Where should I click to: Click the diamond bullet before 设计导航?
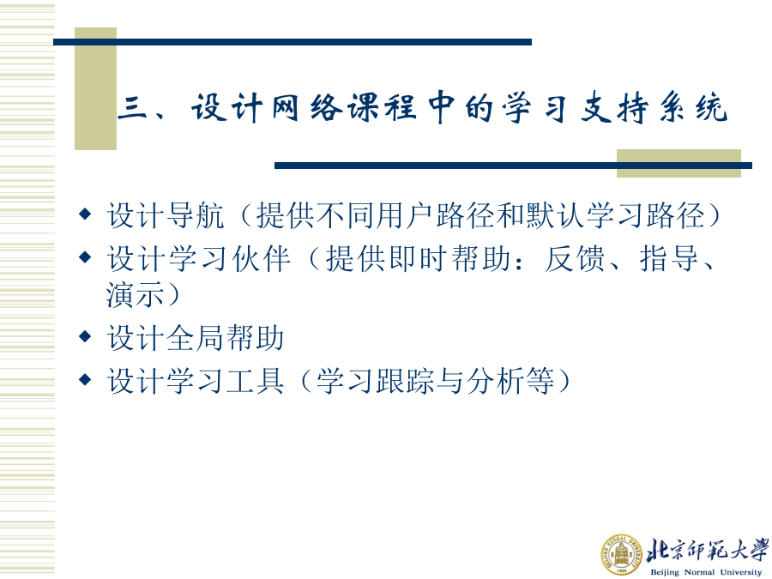point(85,214)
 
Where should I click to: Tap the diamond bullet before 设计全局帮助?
point(85,337)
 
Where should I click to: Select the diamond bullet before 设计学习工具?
point(85,379)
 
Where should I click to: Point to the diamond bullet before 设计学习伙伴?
point(85,256)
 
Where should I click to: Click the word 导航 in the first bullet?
point(196,215)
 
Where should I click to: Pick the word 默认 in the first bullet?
point(555,215)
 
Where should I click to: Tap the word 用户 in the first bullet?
point(405,215)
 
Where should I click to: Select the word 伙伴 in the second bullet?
point(261,258)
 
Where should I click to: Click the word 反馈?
point(575,258)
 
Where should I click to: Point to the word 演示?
point(136,294)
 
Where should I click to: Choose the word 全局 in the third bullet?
point(196,338)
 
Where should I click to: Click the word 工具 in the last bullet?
point(255,381)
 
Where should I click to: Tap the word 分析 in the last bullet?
point(495,381)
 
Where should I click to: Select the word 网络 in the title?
point(308,107)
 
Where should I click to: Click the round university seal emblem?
point(621,554)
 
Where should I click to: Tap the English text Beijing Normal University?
point(706,571)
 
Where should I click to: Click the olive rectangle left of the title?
point(95,88)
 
